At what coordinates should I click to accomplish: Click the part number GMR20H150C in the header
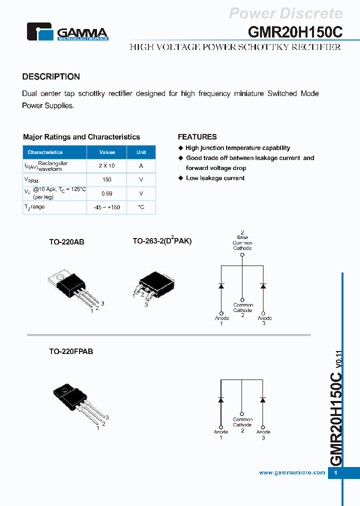(295, 31)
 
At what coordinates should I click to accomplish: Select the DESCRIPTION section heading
(51, 76)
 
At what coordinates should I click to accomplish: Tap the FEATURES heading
(197, 136)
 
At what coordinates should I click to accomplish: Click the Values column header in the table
(107, 152)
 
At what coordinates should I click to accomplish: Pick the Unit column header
(141, 152)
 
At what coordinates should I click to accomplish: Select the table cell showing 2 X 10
(107, 166)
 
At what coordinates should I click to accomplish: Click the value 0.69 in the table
(107, 193)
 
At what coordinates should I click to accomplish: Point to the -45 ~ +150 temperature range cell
(107, 207)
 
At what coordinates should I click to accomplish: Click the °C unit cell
(141, 207)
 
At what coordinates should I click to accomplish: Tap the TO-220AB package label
(66, 241)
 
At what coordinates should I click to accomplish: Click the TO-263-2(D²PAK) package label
(162, 241)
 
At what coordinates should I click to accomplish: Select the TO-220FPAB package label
(71, 351)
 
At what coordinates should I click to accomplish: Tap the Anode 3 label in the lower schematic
(263, 434)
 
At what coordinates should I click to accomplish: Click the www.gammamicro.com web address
(292, 472)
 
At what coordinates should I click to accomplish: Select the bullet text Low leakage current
(215, 178)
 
